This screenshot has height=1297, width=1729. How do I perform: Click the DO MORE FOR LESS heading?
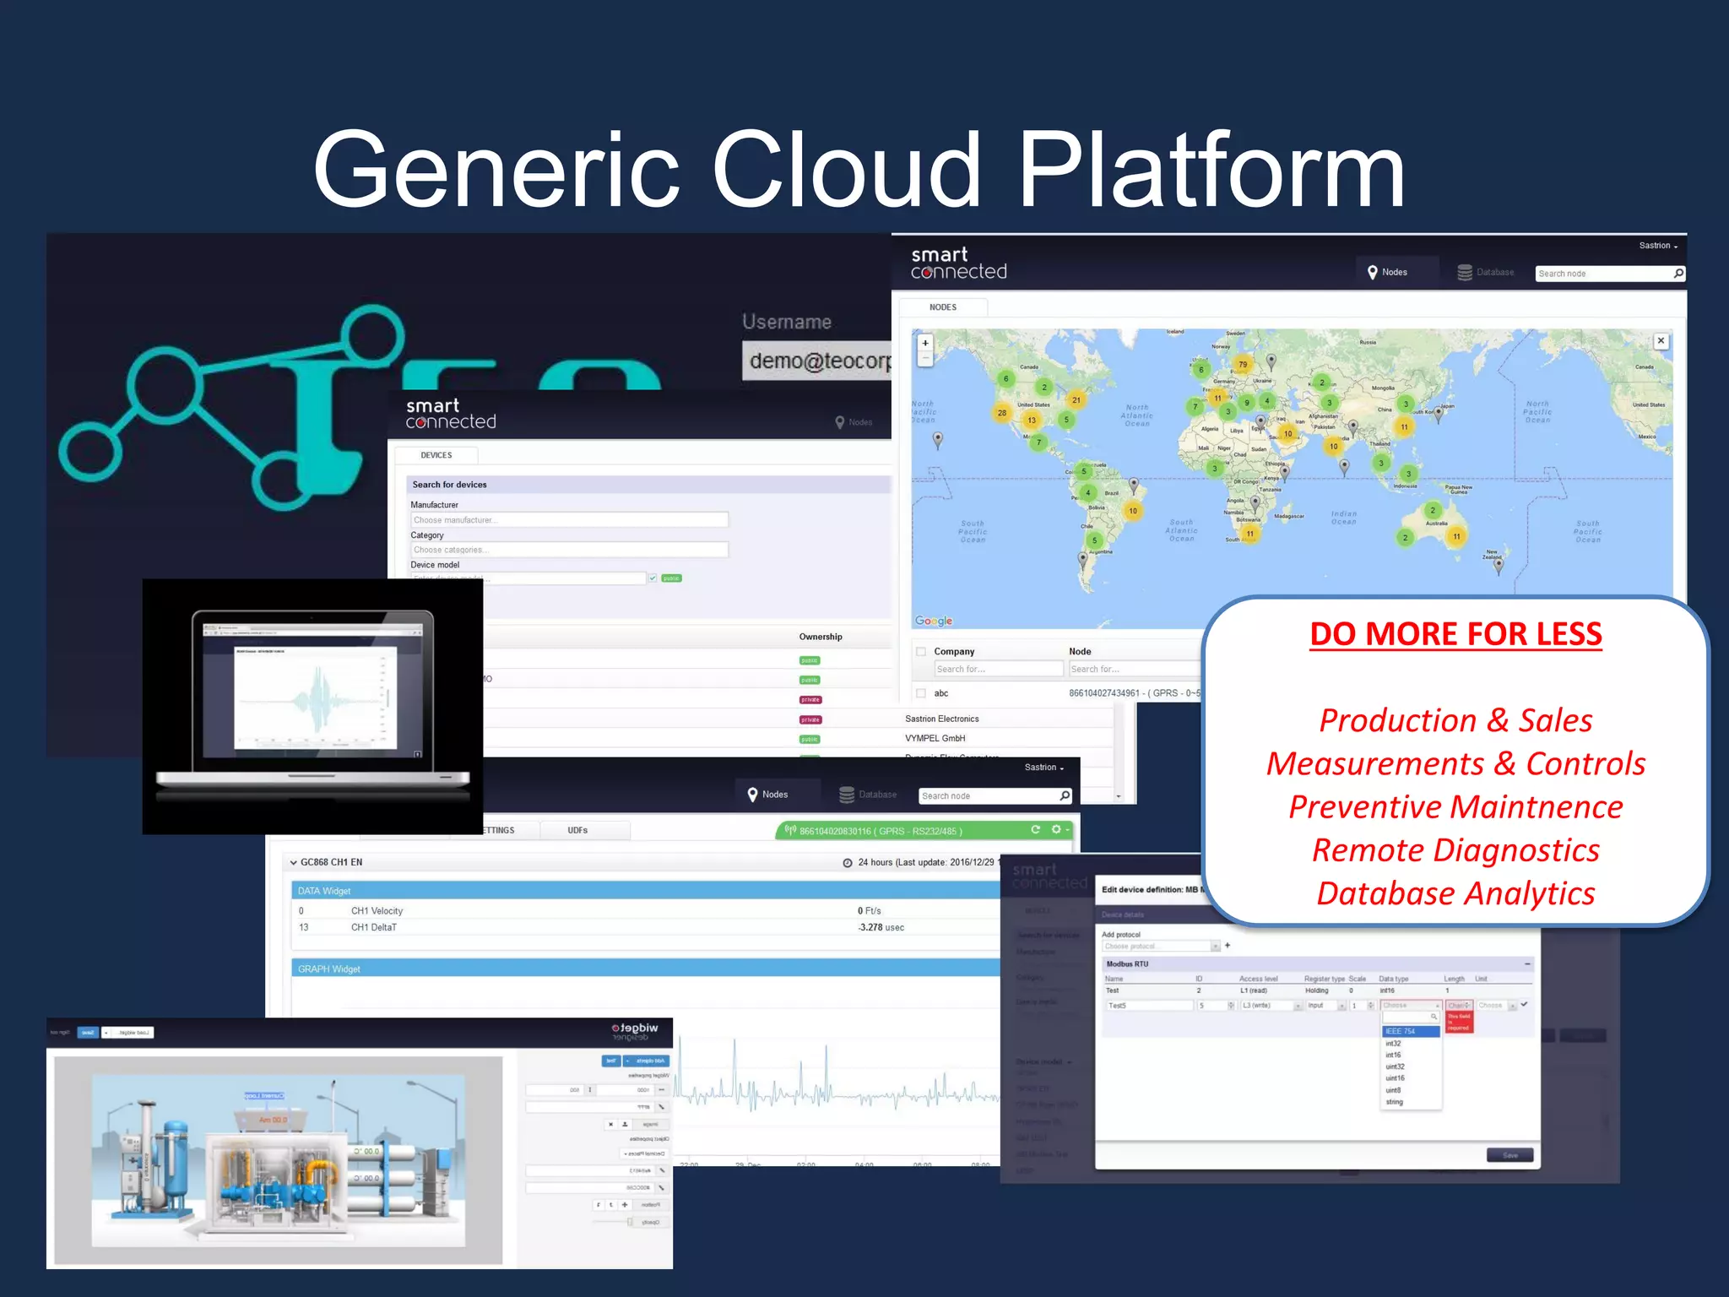1455,634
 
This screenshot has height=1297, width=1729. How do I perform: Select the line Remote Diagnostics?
1455,850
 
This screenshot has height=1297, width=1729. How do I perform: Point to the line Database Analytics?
1455,893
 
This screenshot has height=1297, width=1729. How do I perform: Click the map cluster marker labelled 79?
1242,365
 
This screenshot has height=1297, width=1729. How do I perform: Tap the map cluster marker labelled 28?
1001,413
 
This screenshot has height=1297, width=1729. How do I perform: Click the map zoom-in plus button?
925,343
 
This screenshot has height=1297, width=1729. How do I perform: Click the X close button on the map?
1660,341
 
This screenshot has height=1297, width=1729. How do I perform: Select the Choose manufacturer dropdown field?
568,520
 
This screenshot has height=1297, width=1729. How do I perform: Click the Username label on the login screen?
786,322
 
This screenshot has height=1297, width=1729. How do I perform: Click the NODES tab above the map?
942,307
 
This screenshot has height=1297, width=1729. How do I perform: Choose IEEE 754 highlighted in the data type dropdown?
1409,1031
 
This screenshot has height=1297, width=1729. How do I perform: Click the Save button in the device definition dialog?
1509,1155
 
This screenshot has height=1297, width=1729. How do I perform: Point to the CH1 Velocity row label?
377,911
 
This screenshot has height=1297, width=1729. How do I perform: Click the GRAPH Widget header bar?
642,969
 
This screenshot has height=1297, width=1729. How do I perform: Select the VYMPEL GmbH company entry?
935,738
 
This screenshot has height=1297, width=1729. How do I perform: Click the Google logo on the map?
933,621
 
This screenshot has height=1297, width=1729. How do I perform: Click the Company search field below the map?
997,669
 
